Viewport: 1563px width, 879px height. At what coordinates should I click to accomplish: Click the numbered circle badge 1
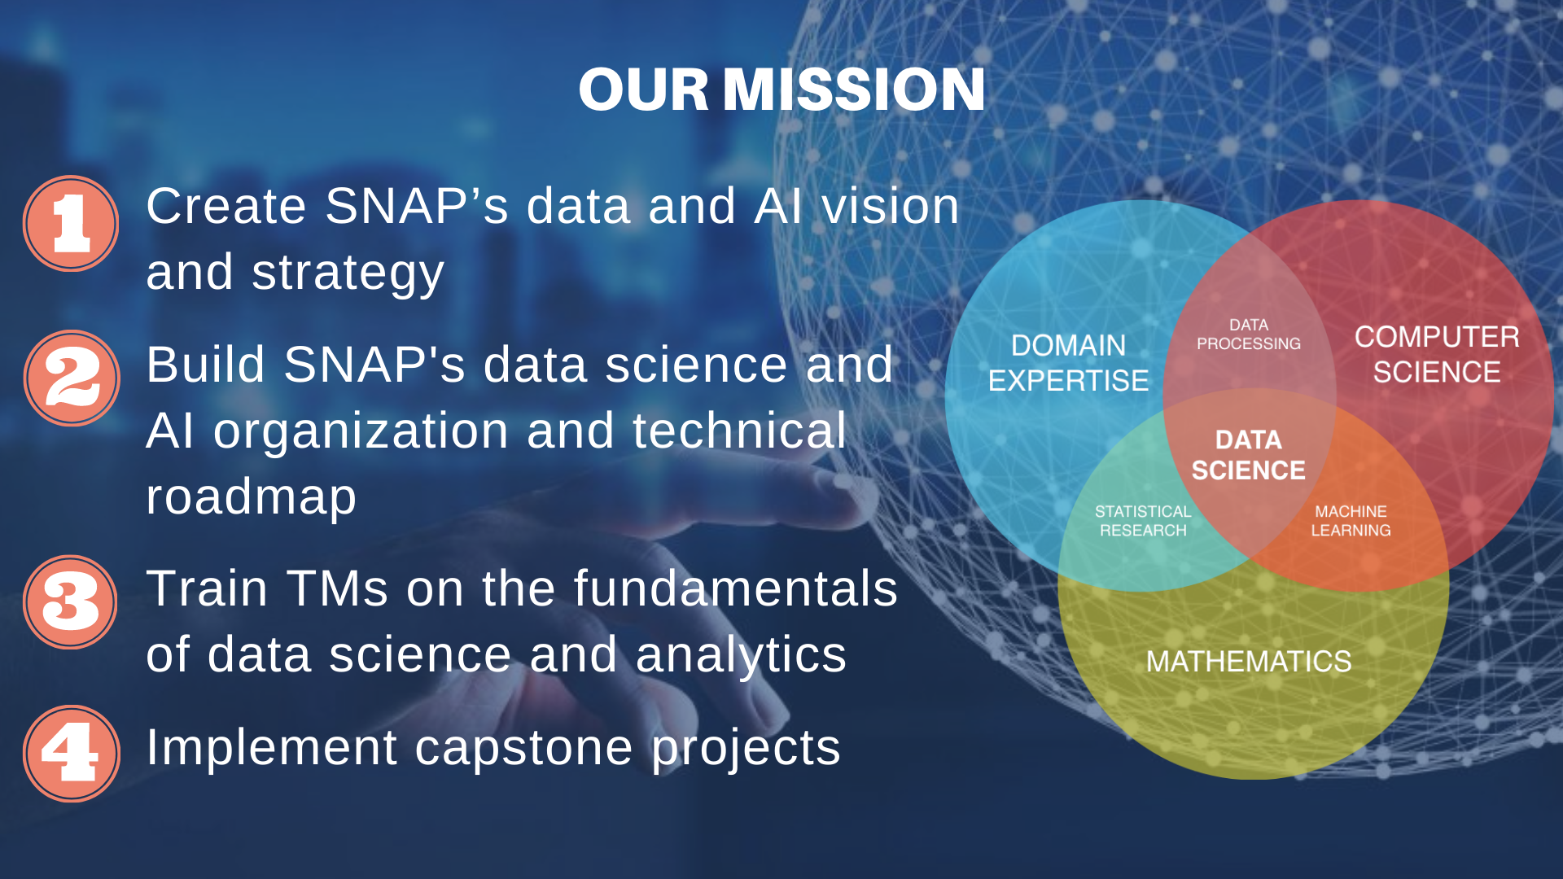click(71, 223)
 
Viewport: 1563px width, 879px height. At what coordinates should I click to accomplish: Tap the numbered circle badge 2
click(72, 378)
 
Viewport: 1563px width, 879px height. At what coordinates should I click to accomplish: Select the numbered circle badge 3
click(71, 602)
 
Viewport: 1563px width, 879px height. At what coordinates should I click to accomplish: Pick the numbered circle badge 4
click(72, 754)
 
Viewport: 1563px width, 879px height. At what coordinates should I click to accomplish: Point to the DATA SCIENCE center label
click(1249, 455)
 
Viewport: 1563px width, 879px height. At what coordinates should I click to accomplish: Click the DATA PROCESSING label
click(1249, 335)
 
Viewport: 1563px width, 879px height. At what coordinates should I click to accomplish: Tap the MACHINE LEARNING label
click(1351, 521)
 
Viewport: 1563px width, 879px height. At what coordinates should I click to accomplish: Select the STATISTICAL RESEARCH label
click(1143, 521)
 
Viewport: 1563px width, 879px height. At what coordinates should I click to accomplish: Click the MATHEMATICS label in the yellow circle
click(1249, 661)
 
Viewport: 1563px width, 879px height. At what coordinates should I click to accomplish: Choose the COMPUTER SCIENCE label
click(1437, 354)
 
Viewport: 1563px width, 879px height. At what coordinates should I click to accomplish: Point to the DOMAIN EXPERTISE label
click(1068, 362)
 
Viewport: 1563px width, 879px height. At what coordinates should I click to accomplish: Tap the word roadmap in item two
click(252, 496)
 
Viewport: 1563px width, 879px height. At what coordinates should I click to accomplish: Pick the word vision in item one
click(891, 205)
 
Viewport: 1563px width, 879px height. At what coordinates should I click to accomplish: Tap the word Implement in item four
click(272, 748)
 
